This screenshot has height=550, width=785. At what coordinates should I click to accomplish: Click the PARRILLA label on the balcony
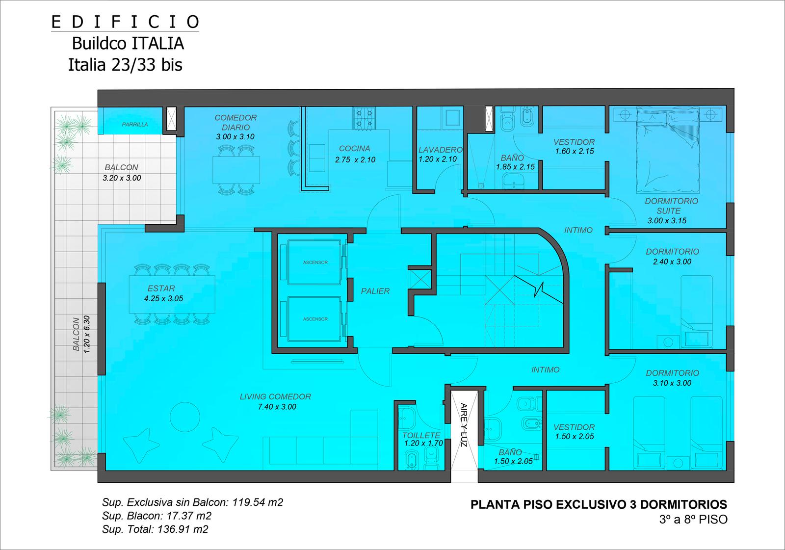(135, 125)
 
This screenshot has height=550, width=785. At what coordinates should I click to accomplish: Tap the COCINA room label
(354, 149)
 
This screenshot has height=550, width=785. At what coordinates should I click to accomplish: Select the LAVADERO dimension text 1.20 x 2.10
(438, 159)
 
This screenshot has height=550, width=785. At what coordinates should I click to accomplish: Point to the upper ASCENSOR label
(315, 262)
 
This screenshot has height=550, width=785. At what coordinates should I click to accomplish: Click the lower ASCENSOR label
(315, 319)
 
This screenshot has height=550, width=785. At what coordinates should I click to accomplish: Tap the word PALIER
(375, 291)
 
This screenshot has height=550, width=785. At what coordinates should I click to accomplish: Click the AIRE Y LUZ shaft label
(464, 425)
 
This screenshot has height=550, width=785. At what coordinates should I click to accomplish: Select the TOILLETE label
(421, 435)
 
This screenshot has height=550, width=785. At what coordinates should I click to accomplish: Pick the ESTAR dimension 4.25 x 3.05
(164, 299)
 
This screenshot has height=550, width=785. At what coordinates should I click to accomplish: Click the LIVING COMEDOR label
(275, 396)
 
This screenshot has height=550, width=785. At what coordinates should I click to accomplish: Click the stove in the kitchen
(365, 118)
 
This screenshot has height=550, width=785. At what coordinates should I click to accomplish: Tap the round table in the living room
(184, 417)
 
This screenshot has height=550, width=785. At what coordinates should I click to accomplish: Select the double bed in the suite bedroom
(668, 151)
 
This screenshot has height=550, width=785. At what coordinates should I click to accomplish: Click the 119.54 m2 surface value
(258, 503)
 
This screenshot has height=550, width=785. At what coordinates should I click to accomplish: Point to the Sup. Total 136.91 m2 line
(155, 529)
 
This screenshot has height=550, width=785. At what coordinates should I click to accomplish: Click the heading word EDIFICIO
(125, 22)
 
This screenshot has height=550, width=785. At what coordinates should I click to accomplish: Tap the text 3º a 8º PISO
(693, 520)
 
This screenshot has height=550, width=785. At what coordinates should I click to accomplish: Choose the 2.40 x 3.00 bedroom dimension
(672, 262)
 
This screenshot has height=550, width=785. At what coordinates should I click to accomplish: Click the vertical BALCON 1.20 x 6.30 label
(81, 334)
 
